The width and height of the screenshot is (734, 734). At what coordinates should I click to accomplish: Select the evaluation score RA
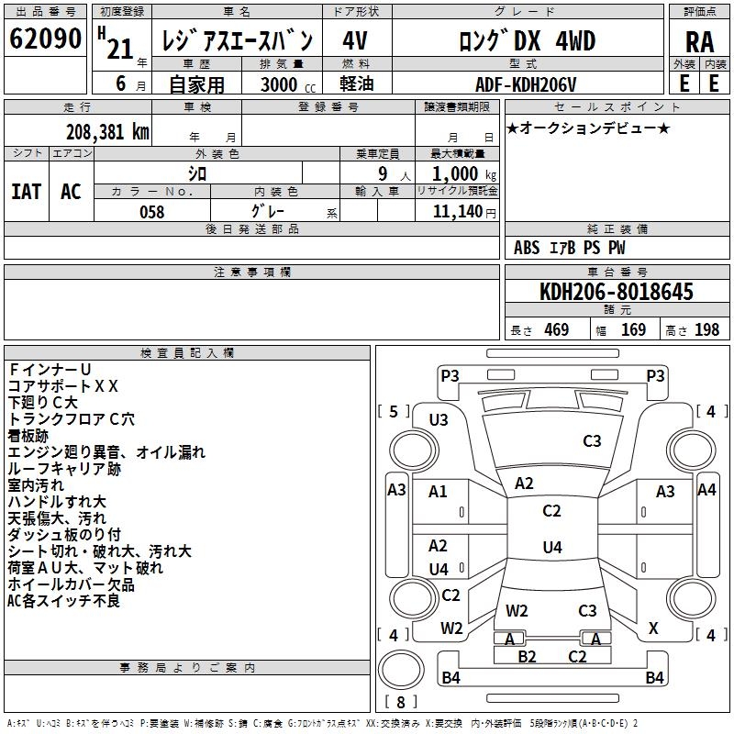point(699,42)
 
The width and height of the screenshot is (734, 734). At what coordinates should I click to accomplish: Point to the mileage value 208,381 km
point(107,131)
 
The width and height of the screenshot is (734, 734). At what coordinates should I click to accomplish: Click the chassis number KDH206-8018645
point(617,293)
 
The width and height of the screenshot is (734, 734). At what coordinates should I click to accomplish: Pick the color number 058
point(152,212)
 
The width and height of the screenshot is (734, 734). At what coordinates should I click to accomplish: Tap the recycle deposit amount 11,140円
point(465,212)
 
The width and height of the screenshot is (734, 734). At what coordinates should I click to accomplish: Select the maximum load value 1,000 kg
point(465,173)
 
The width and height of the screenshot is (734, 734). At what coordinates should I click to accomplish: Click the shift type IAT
point(26,192)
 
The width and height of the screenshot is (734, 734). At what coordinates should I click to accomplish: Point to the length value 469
point(554,330)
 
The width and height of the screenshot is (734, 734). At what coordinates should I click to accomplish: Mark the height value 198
point(706,330)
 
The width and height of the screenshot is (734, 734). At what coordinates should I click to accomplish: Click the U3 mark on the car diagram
point(439,420)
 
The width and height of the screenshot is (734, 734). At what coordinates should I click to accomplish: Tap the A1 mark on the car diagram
point(438,492)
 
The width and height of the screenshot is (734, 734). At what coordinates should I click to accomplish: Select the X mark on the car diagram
point(653,628)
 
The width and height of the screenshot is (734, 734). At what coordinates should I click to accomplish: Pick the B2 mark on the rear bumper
point(527,657)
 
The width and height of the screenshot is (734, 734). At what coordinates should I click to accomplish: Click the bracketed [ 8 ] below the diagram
point(401,703)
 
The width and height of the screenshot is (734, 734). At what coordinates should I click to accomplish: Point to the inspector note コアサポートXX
point(63,386)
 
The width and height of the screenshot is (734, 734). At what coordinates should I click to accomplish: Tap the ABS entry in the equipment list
point(527,248)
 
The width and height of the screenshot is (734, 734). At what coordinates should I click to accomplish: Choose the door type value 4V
point(354,40)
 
